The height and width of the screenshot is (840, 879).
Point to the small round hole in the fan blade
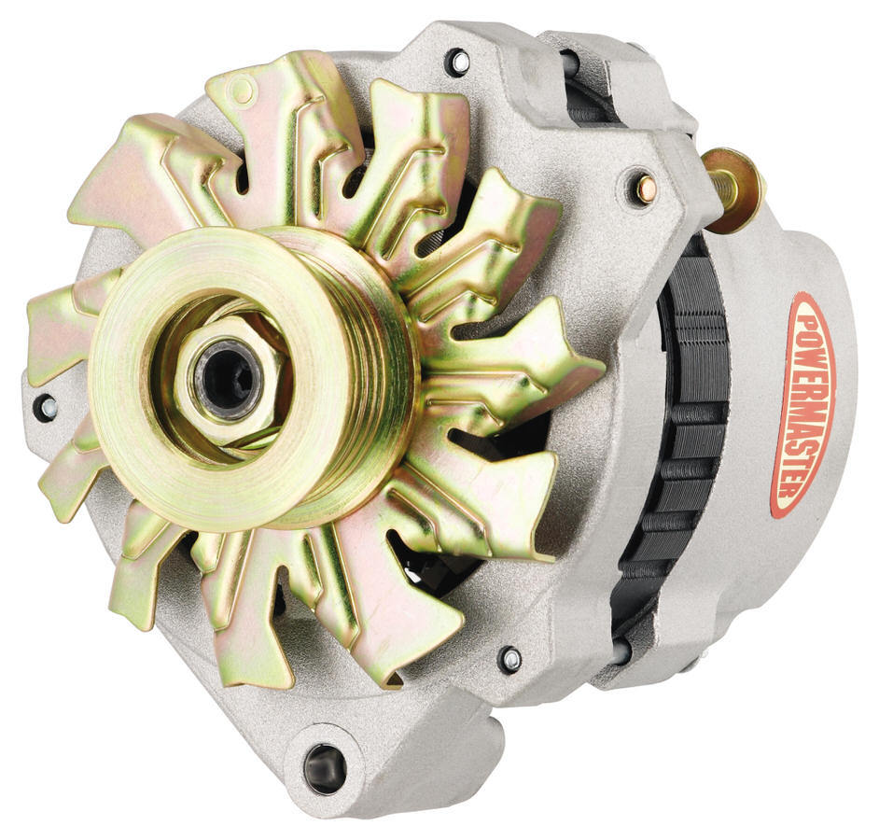[x=242, y=91]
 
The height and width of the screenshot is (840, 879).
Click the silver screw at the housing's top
[x=458, y=63]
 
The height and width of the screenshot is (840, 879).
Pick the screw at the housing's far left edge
[x=44, y=408]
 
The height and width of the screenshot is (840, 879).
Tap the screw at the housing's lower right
[x=509, y=659]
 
